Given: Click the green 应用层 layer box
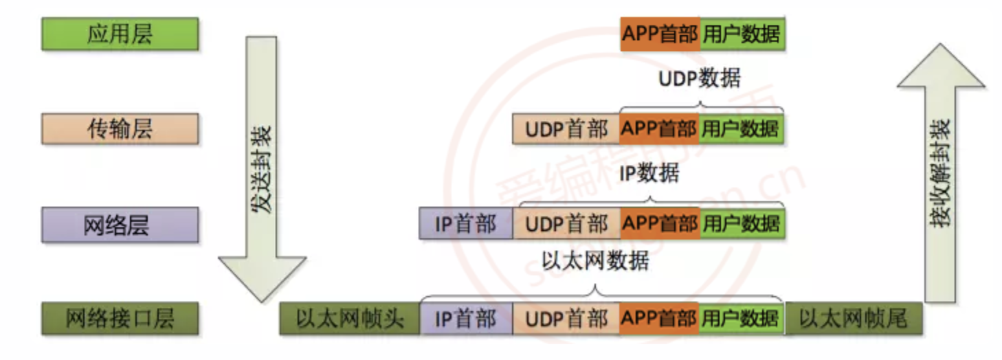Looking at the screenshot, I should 120,34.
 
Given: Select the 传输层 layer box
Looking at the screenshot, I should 120,128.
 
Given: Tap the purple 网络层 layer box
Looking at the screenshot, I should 120,224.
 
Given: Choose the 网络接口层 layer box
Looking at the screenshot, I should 120,318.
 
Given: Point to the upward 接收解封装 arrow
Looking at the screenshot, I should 940,172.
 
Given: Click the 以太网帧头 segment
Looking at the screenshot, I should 349,319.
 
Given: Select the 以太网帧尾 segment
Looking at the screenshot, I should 853,319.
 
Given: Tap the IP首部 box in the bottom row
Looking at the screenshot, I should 465,319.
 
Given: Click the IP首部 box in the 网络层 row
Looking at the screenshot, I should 465,224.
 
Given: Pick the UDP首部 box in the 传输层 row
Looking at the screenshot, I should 566,128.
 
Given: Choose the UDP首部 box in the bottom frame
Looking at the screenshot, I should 566,319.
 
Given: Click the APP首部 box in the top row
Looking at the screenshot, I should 660,34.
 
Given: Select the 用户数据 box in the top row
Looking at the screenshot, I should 742,34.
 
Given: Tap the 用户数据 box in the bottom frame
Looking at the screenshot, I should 742,319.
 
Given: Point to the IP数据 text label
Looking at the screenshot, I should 649,172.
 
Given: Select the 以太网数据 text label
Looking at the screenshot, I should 595,262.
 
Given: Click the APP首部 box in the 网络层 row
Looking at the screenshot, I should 660,224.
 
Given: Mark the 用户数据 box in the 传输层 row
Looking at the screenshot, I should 742,128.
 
